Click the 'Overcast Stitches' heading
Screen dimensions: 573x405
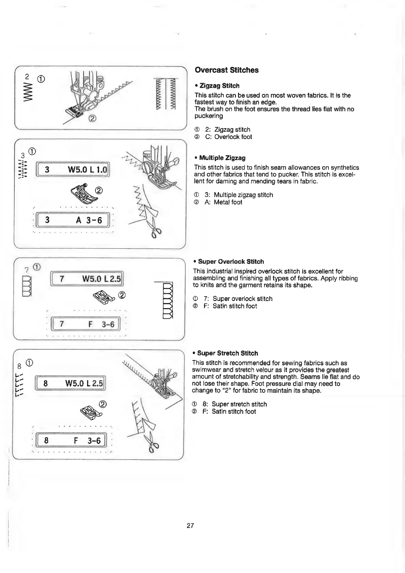(226, 70)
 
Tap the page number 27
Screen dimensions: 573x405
(190, 525)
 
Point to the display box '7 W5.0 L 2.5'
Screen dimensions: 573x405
(87, 279)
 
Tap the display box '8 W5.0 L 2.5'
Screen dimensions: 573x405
(71, 384)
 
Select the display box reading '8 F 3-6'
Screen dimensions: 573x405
(71, 441)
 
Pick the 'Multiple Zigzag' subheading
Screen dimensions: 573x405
(222, 158)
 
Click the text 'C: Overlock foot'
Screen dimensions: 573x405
(229, 137)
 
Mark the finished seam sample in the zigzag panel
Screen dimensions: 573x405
(165, 94)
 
